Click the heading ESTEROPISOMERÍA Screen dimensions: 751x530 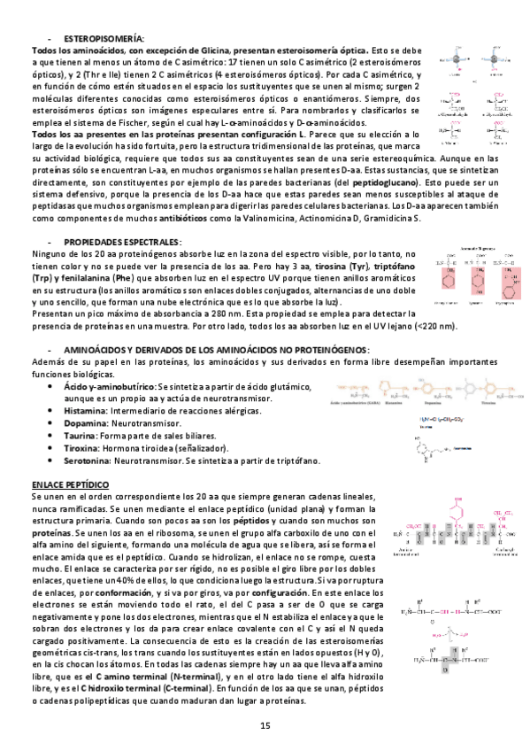[104, 41]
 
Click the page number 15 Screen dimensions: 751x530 [265, 726]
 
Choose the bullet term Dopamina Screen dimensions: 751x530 [84, 424]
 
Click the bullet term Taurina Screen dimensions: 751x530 [81, 437]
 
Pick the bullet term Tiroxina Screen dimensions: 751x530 [82, 449]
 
